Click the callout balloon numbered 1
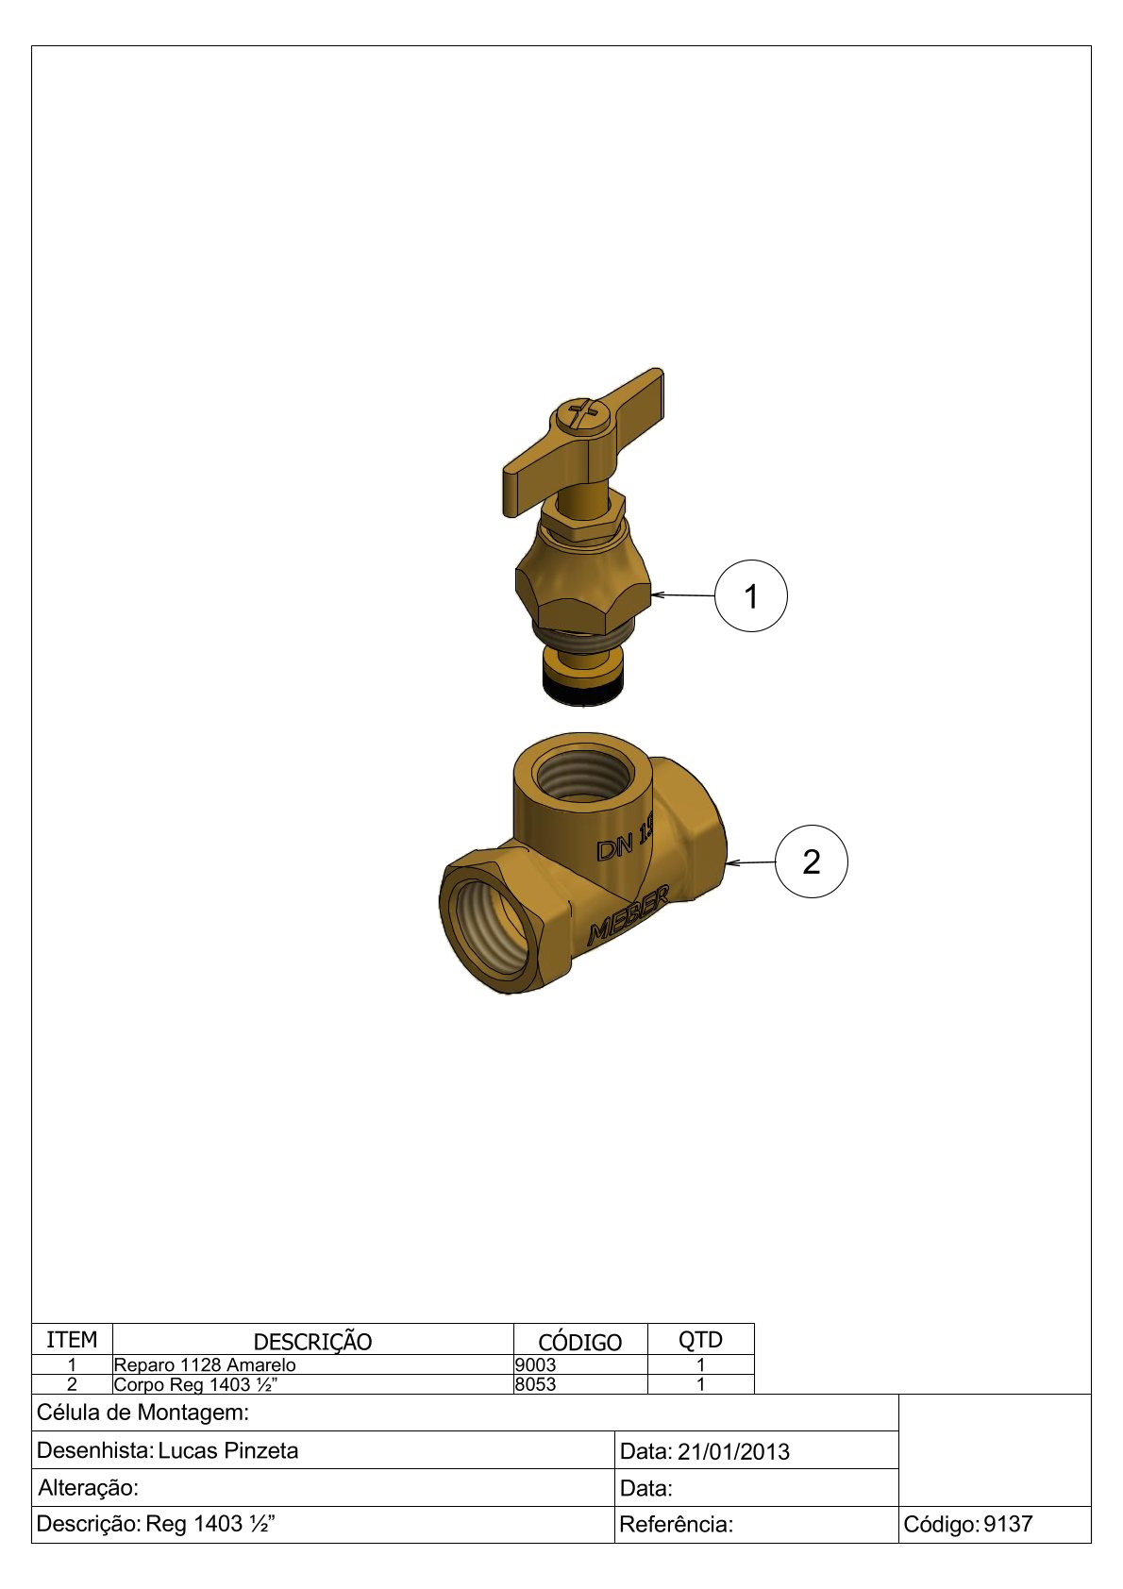[750, 596]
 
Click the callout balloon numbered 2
[811, 861]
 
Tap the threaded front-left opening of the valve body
[491, 930]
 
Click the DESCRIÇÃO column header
[313, 1342]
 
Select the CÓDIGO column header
[579, 1342]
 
